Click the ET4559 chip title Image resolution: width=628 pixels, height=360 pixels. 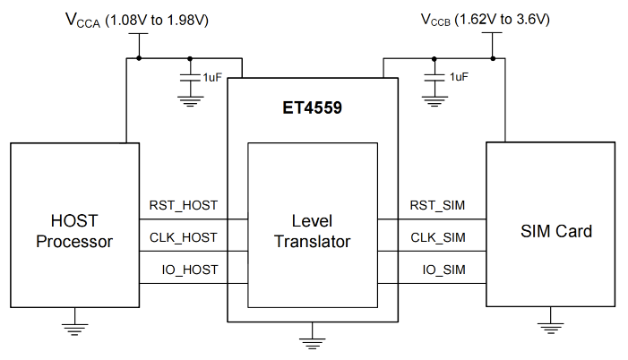pyautogui.click(x=312, y=107)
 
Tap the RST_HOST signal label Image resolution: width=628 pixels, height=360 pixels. pyautogui.click(x=184, y=205)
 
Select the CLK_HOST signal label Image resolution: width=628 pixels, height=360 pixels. pyautogui.click(x=184, y=238)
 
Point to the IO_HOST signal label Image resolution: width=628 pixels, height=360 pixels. pyautogui.click(x=190, y=270)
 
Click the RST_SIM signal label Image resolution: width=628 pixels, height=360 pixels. pyautogui.click(x=437, y=205)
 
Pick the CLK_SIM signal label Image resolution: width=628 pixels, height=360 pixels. pyautogui.click(x=438, y=238)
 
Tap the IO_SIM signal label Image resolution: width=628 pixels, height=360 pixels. pyautogui.click(x=443, y=270)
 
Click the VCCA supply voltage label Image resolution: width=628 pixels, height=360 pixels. pyautogui.click(x=137, y=20)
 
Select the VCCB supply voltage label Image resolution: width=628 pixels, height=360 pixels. pyautogui.click(x=485, y=20)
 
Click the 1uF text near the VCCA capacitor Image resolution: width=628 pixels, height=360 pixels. pyautogui.click(x=211, y=77)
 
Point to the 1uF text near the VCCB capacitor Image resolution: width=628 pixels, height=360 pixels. pyautogui.click(x=459, y=77)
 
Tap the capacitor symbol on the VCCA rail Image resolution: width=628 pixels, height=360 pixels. pyautogui.click(x=190, y=78)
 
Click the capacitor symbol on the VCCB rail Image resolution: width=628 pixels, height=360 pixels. pyautogui.click(x=434, y=78)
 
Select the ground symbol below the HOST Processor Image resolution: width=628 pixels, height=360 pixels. pyautogui.click(x=75, y=330)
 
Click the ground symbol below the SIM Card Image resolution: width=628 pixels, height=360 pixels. pyautogui.click(x=551, y=329)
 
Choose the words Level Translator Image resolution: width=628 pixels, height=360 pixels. pyautogui.click(x=313, y=231)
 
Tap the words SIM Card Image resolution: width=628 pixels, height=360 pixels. pyautogui.click(x=556, y=231)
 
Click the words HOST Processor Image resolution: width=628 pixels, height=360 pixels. pyautogui.click(x=74, y=231)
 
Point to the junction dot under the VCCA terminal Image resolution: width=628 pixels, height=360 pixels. pyautogui.click(x=139, y=58)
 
